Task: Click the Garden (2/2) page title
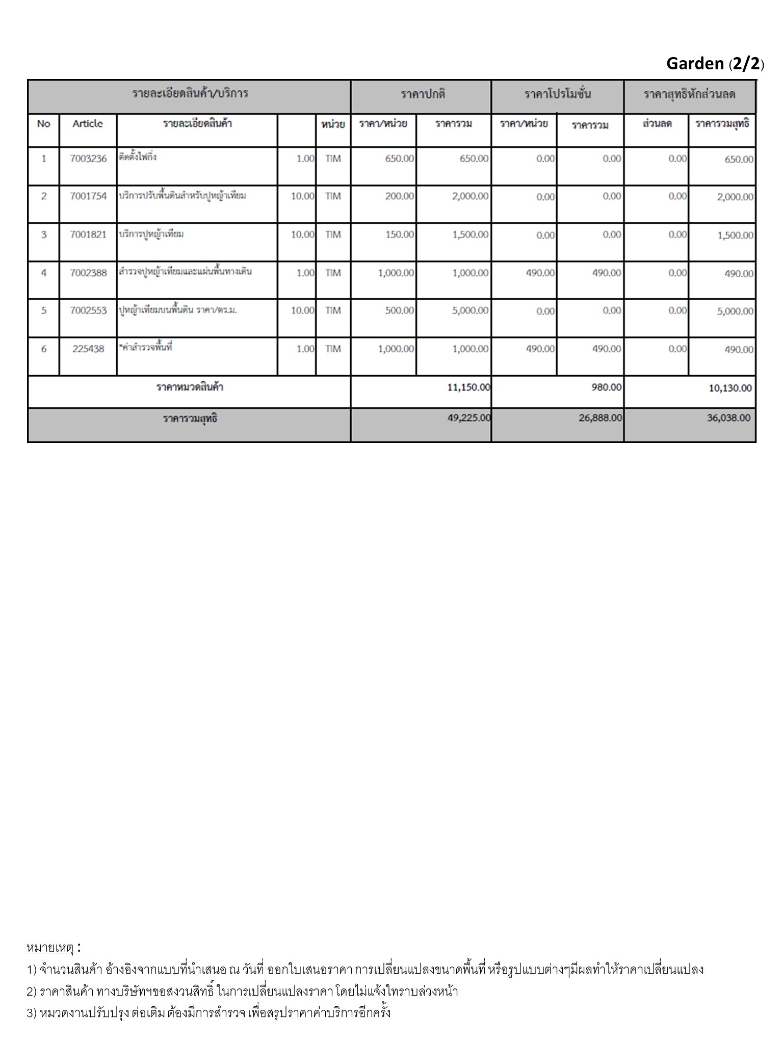click(715, 64)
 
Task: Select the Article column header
click(88, 124)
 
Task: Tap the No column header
click(44, 124)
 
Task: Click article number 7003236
click(88, 159)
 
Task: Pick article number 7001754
click(88, 196)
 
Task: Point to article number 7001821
click(88, 234)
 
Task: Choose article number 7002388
click(88, 273)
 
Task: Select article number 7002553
click(88, 310)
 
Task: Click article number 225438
click(88, 349)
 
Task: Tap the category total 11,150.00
click(468, 387)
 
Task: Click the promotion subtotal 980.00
click(607, 387)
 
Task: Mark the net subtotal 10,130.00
click(730, 388)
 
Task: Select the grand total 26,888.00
click(601, 418)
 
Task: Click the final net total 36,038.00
click(728, 418)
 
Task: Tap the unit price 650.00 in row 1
click(400, 159)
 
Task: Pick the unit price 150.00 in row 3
click(400, 234)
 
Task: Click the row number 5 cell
click(44, 310)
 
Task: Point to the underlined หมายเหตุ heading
click(50, 948)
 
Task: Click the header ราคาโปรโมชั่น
click(558, 94)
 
